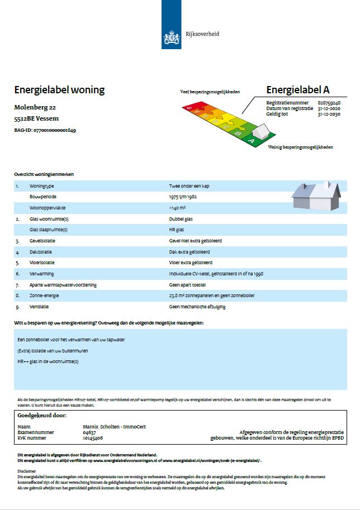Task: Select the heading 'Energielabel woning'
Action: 59,90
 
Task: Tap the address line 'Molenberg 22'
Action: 35,107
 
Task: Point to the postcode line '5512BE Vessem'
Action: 36,118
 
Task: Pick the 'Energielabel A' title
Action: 298,90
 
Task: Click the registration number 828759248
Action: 329,103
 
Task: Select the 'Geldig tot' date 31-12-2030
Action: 329,113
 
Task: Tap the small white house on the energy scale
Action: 260,132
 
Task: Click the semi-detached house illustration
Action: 316,196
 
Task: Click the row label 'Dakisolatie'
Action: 41,252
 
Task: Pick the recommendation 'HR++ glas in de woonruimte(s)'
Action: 48,361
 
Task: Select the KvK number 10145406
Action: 93,438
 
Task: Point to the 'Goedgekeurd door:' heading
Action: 42,416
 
